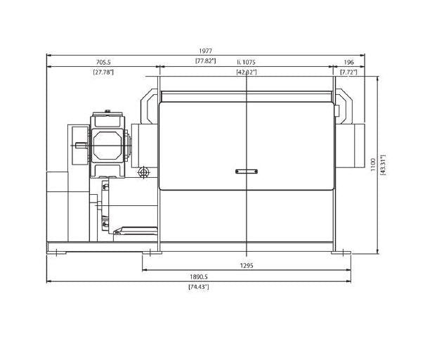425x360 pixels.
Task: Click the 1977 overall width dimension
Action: click(x=205, y=51)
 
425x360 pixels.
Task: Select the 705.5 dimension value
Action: click(x=103, y=62)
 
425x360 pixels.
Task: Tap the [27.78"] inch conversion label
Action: click(x=103, y=72)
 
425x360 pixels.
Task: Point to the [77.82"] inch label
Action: click(x=205, y=60)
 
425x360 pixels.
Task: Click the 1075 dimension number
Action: click(x=249, y=62)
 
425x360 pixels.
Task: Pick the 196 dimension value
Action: click(x=349, y=62)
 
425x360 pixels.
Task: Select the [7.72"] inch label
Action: click(x=348, y=72)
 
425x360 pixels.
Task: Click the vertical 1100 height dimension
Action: click(x=373, y=165)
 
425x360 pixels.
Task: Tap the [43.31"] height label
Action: click(x=383, y=165)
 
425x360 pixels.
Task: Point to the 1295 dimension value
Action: click(x=247, y=266)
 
